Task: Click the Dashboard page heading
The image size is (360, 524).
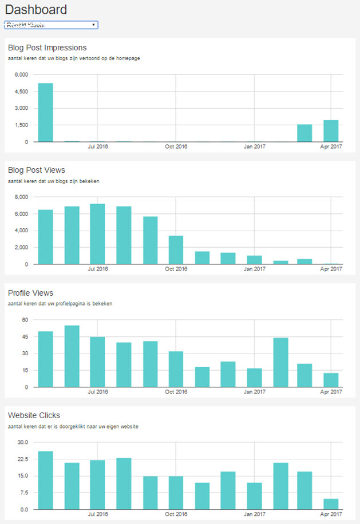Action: click(36, 10)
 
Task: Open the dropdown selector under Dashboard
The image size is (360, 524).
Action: click(52, 25)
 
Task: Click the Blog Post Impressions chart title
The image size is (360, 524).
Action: click(48, 47)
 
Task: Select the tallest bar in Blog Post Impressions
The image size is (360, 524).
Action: click(46, 113)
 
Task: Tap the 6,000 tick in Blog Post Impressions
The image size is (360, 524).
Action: click(21, 75)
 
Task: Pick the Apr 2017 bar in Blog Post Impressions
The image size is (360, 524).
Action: click(331, 131)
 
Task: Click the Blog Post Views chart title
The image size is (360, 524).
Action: click(37, 170)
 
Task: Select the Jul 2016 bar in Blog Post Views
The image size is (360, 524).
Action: click(97, 234)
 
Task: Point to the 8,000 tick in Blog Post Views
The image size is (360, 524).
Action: click(21, 197)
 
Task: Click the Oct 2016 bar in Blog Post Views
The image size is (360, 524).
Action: click(176, 250)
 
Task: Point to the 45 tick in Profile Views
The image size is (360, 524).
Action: click(24, 337)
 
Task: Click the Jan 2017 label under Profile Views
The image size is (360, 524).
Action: click(255, 392)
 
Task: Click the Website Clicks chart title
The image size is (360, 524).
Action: click(34, 415)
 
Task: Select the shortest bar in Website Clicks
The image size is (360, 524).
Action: click(331, 504)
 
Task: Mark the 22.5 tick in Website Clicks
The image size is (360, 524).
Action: click(22, 459)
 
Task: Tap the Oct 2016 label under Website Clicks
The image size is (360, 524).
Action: click(176, 514)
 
